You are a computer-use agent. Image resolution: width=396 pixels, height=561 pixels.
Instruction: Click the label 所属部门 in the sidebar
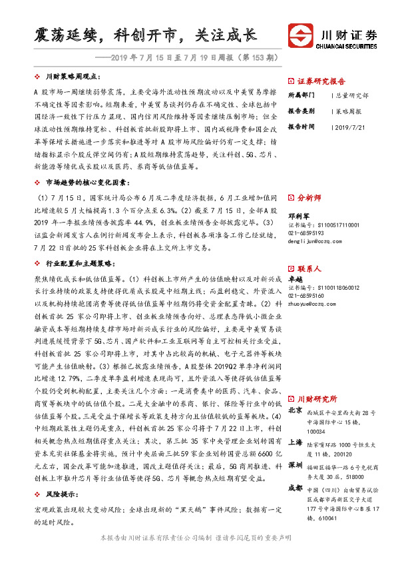tap(301, 95)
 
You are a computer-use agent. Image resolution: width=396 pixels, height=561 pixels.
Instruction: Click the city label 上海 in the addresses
tap(296, 443)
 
